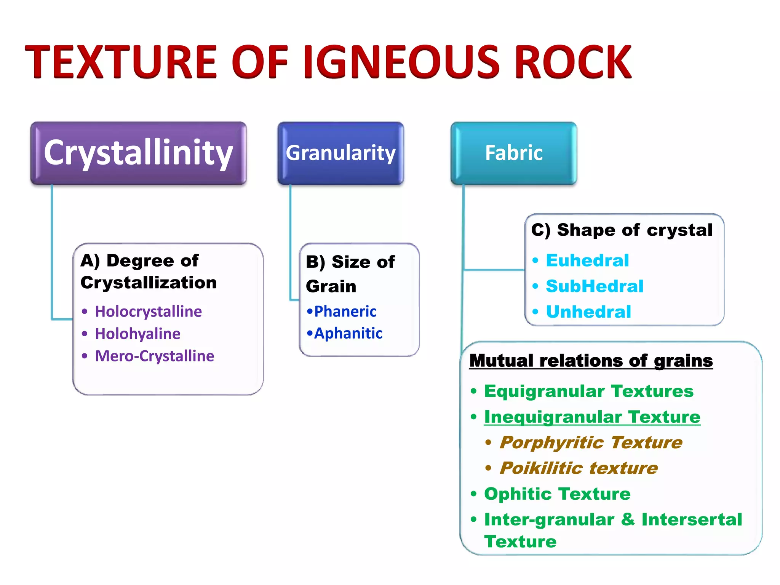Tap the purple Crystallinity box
pos(138,153)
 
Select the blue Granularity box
pos(340,153)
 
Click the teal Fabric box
pos(513,153)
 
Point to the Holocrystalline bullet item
pos(148,312)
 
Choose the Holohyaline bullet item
pos(137,334)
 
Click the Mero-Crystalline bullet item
pos(154,356)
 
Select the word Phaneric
pos(345,312)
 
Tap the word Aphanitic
pos(348,334)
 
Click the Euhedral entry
pos(587,261)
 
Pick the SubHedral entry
pos(594,286)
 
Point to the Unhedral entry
pos(588,312)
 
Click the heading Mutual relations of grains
pos(591,361)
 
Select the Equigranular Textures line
pos(588,391)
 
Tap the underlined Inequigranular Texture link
pos(592,417)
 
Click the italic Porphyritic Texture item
pos(591,443)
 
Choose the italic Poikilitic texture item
pos(579,468)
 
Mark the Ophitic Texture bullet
pos(557,494)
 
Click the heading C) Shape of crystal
pos(622,230)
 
